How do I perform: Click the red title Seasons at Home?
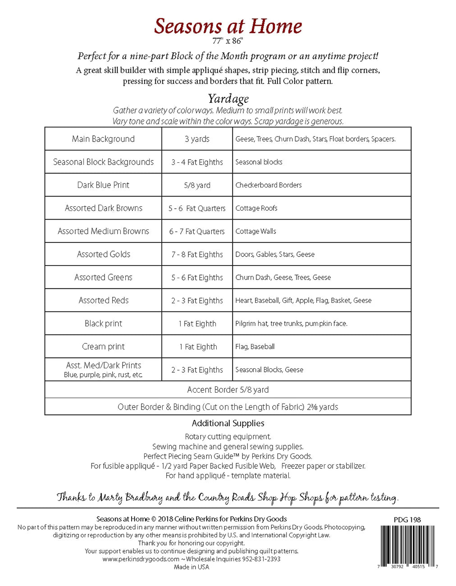coord(228,26)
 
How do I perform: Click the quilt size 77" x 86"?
coord(228,41)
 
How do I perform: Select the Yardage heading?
coord(228,98)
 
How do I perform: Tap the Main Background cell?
coord(103,139)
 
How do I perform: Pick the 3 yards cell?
coord(197,139)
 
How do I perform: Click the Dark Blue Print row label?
coord(103,185)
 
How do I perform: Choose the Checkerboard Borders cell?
coord(269,185)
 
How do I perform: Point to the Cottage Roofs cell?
coord(256,208)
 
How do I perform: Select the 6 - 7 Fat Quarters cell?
coord(197,231)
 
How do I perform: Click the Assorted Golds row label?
coord(103,254)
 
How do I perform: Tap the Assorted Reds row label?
coord(103,300)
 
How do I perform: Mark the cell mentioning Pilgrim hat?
coord(291,323)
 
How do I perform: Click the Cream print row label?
coord(103,346)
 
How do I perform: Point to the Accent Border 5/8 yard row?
coord(228,389)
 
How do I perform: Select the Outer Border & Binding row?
coord(228,407)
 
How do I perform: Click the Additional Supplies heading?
coord(228,423)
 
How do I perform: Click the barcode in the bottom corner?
coord(407,545)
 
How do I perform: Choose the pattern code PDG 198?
coord(407,520)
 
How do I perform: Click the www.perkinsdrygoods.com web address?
coord(141,559)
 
